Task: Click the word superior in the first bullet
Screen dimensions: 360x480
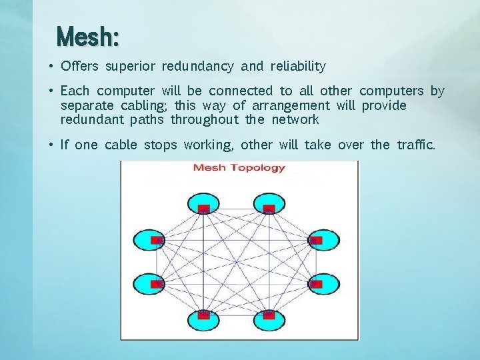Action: click(x=131, y=67)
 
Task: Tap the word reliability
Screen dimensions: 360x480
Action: click(x=298, y=67)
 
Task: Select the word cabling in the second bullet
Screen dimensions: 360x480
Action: click(x=147, y=105)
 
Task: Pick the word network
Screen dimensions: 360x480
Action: click(x=295, y=120)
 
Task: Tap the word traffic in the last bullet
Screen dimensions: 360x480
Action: click(x=415, y=145)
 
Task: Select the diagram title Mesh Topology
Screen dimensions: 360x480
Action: click(x=239, y=167)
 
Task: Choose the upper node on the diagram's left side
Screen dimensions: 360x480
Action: click(x=156, y=239)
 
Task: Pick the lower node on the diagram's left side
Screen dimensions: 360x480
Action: click(x=156, y=284)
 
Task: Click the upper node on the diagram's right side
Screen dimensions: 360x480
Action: click(x=316, y=239)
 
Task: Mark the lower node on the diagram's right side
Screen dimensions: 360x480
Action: click(x=316, y=284)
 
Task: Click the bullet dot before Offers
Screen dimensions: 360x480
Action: click(x=51, y=67)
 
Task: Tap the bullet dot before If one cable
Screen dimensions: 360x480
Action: click(x=51, y=145)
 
